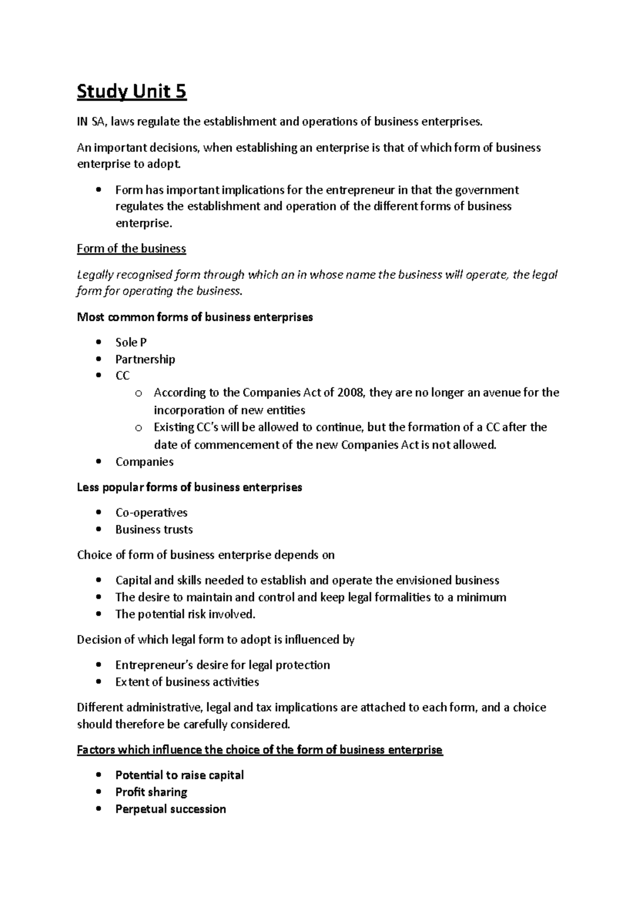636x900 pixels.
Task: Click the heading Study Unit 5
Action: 131,92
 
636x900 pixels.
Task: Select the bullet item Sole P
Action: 131,342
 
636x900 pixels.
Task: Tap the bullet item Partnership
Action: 145,359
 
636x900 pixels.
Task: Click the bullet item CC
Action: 122,376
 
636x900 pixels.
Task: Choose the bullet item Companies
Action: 144,462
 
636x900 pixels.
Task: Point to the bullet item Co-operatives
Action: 151,513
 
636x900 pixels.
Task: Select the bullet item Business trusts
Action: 154,530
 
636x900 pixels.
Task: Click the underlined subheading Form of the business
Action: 131,249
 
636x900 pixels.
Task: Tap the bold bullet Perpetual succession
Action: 171,809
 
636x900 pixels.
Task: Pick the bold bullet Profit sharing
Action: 151,792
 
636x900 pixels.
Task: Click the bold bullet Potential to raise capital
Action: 180,775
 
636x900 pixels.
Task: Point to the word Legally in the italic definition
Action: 95,275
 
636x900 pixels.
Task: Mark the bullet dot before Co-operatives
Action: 99,513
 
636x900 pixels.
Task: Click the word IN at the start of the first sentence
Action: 83,122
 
